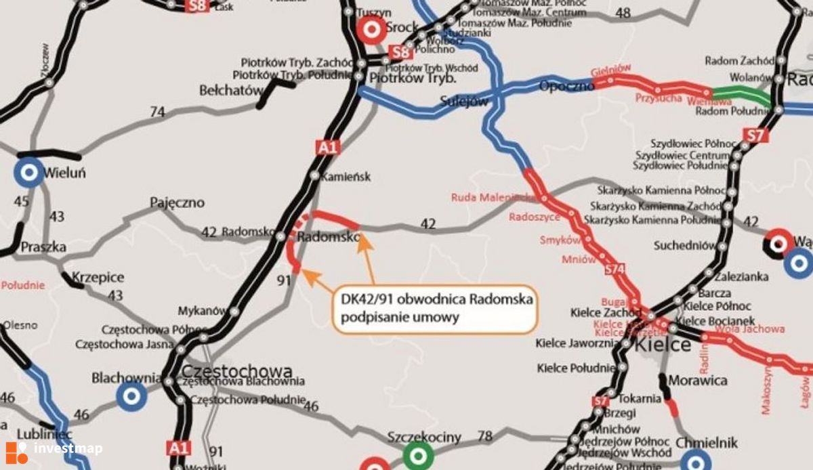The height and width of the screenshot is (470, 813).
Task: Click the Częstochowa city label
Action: pyautogui.click(x=237, y=371)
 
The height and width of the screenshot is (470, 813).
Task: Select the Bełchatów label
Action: pyautogui.click(x=230, y=90)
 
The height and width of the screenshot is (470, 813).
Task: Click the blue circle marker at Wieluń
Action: pyautogui.click(x=28, y=173)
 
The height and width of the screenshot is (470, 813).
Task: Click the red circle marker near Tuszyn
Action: pyautogui.click(x=371, y=28)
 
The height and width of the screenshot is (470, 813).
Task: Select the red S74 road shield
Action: pyautogui.click(x=614, y=270)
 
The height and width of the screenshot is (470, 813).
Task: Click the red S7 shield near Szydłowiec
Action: pyautogui.click(x=755, y=135)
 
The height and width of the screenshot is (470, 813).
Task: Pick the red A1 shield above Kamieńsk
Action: pyautogui.click(x=327, y=146)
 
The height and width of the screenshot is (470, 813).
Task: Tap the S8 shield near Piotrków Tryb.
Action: pyautogui.click(x=401, y=52)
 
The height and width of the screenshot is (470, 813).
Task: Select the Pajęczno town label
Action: pyautogui.click(x=177, y=202)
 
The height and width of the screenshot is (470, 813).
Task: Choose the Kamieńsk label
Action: pyautogui.click(x=348, y=176)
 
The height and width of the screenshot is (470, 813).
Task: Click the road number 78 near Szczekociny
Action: pyautogui.click(x=484, y=436)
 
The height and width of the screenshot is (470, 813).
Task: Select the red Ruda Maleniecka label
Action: pyautogui.click(x=491, y=197)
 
